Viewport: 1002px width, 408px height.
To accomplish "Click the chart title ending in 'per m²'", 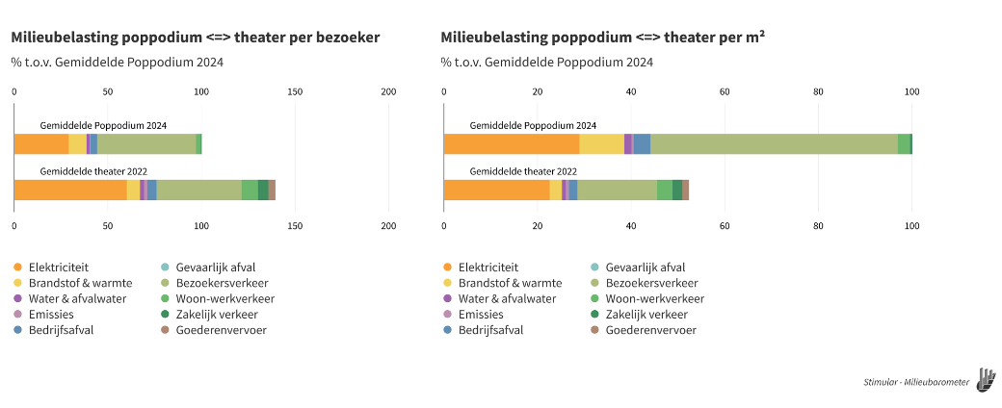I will point(603,38).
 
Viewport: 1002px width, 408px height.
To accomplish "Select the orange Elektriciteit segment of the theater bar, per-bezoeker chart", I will point(70,190).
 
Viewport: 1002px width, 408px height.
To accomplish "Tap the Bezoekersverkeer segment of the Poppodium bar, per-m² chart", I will point(774,144).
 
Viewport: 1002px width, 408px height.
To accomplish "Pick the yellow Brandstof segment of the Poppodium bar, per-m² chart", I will point(601,144).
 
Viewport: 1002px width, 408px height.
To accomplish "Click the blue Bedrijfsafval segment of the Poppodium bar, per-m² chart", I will point(642,144).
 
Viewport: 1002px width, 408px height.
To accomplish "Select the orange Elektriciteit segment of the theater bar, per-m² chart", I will point(496,190).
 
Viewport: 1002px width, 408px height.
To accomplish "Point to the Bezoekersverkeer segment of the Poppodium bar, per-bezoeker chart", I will point(146,144).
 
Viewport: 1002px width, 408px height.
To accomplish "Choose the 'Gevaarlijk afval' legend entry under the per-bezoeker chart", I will point(207,267).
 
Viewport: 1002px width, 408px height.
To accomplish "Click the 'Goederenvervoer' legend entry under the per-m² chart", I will point(650,330).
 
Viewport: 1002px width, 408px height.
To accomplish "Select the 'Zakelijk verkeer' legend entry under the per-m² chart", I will point(646,315).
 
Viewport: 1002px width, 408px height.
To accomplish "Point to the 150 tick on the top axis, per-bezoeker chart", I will point(295,91).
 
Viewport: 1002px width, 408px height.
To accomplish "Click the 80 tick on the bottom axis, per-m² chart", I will point(818,225).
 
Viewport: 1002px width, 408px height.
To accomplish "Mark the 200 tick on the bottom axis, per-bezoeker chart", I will point(388,225).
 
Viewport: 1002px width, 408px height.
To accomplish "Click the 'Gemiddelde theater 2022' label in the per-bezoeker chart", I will point(93,171).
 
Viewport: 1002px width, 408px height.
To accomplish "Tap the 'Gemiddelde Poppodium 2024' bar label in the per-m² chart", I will point(533,126).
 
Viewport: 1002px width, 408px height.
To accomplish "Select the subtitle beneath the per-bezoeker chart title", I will point(117,63).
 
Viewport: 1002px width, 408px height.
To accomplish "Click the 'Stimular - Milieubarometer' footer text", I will point(916,382).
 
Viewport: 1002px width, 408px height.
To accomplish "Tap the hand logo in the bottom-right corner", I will point(986,379).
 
